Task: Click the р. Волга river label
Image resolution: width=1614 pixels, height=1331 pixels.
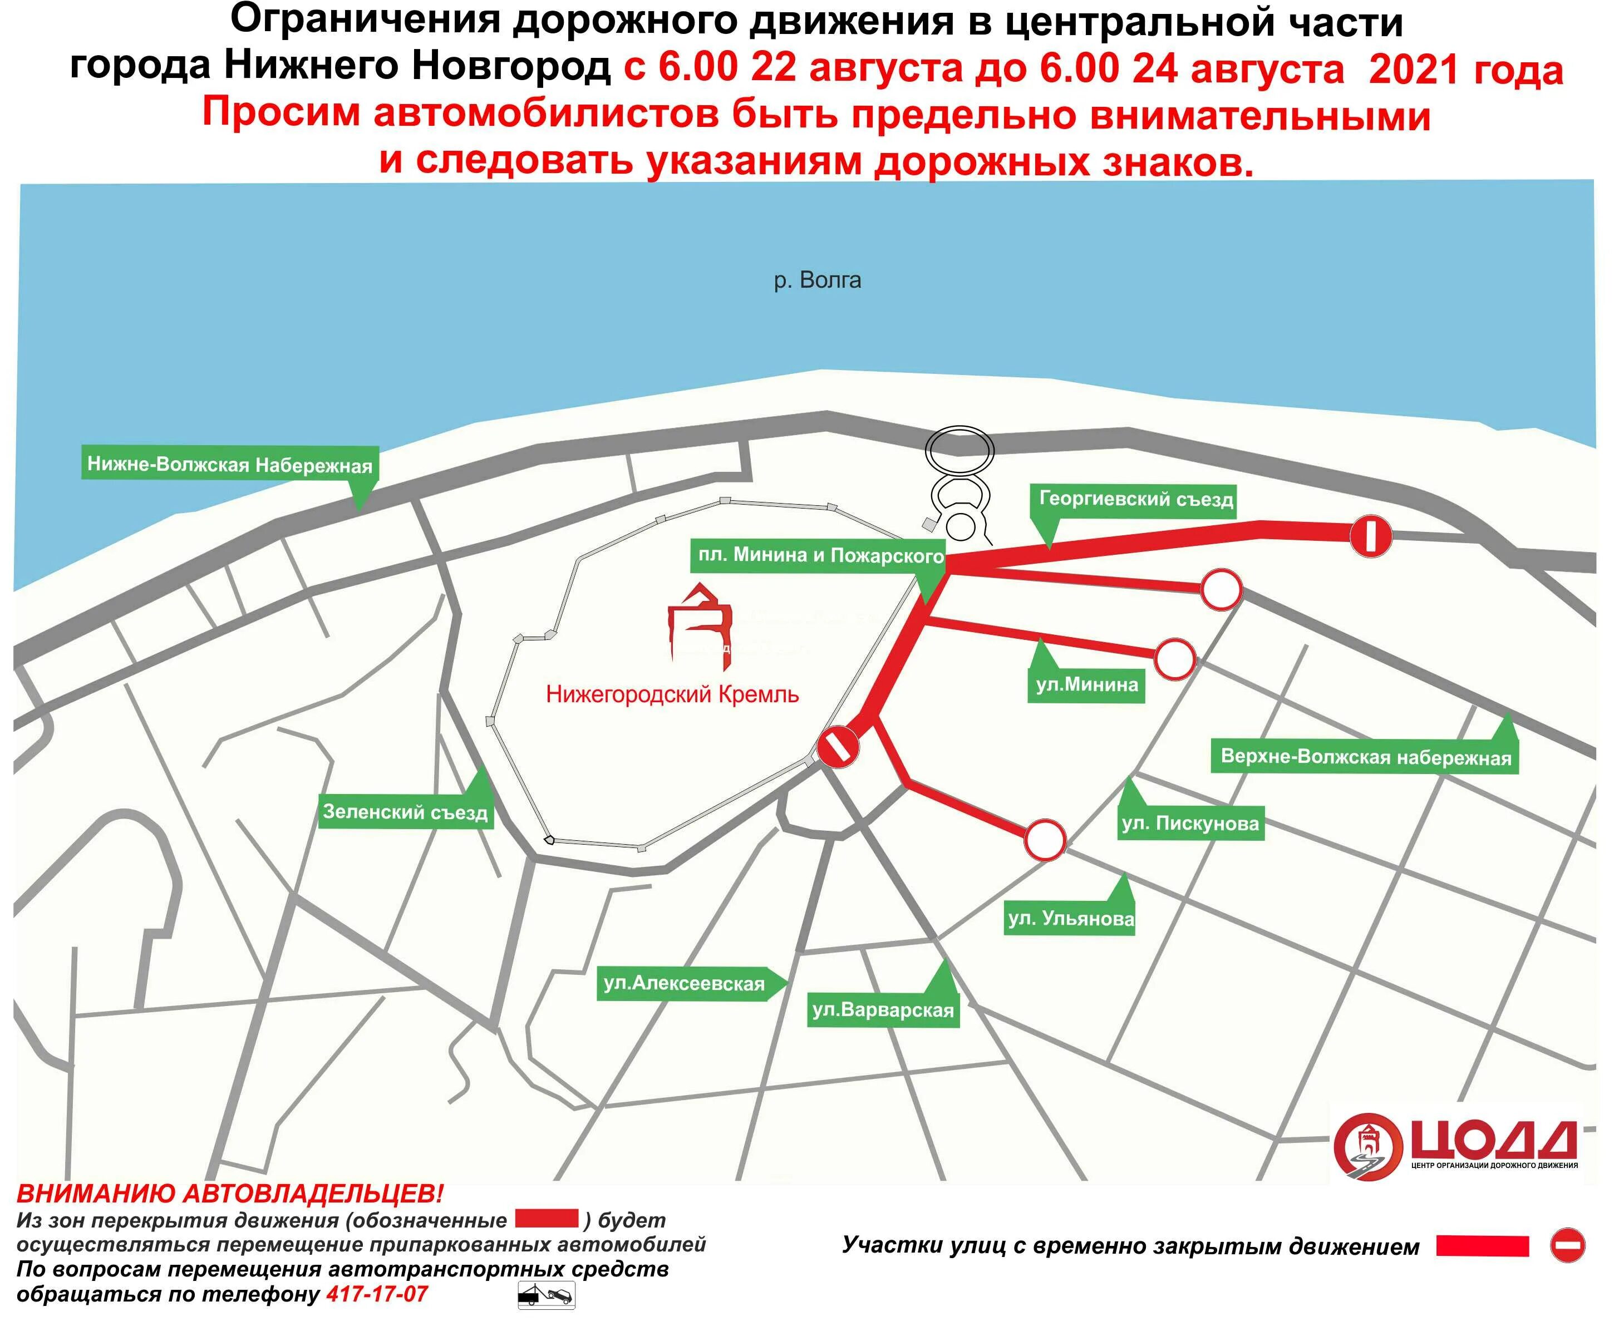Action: [x=818, y=280]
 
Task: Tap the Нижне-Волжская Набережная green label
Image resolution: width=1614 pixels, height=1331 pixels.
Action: [x=229, y=465]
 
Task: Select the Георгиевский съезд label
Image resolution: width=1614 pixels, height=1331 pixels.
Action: [x=1135, y=499]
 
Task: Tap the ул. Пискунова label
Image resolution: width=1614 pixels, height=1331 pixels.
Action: [x=1190, y=824]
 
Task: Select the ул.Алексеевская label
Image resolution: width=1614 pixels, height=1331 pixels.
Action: [x=684, y=984]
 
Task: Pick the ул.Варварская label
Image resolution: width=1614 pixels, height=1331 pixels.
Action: [x=883, y=1010]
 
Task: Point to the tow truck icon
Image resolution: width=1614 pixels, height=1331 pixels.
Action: [x=546, y=1296]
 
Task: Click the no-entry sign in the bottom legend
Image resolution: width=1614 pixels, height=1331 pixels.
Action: [x=1567, y=1245]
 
